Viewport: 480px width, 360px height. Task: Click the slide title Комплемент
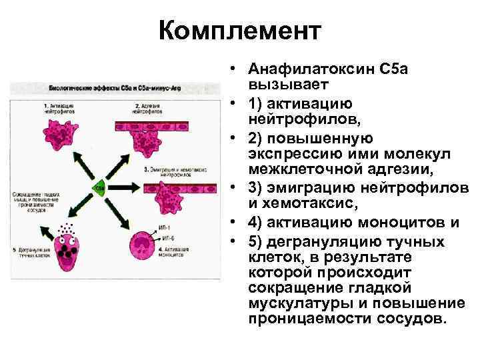(x=240, y=31)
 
